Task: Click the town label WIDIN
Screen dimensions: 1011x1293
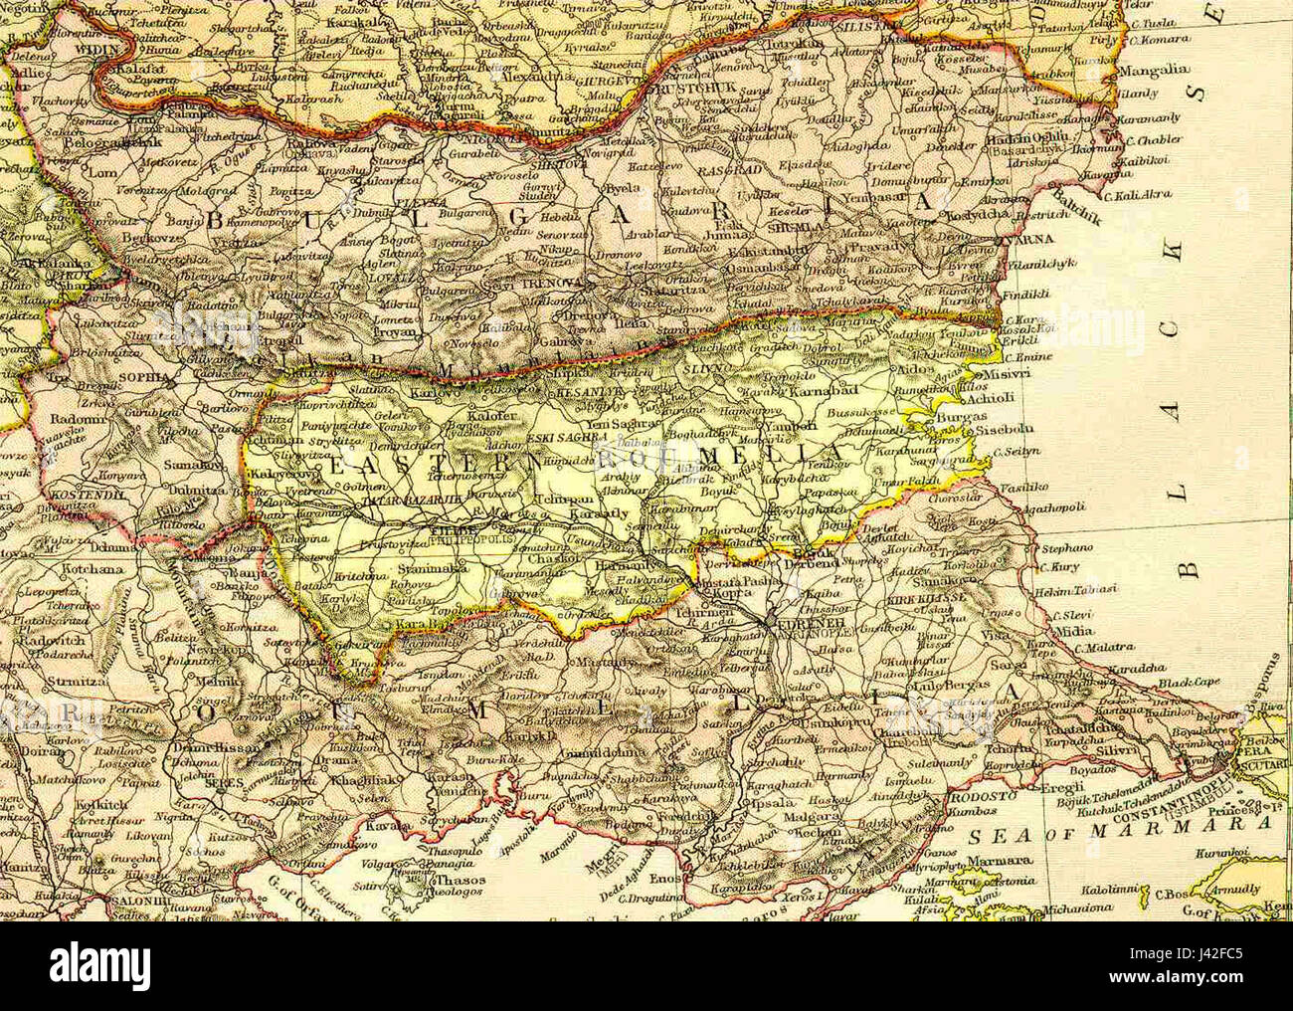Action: tap(93, 48)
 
